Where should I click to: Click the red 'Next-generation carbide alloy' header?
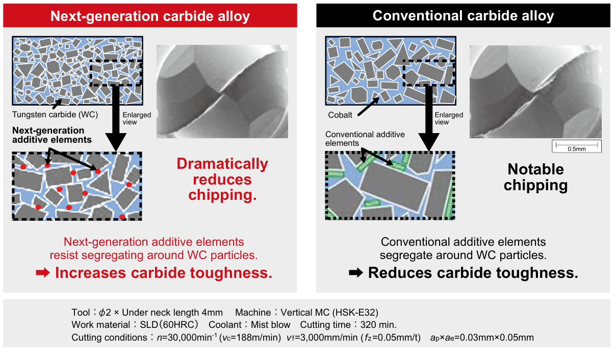[150, 16]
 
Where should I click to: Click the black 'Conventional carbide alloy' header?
[463, 16]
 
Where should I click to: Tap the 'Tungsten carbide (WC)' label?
[55, 114]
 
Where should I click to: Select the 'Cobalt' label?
[340, 115]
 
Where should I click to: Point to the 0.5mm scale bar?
[577, 145]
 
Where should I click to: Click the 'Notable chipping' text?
[536, 177]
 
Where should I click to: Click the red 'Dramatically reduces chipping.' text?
[222, 179]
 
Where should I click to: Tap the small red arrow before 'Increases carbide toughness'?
[43, 273]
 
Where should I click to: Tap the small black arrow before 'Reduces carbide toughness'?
[356, 273]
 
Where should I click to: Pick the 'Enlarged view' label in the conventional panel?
[449, 118]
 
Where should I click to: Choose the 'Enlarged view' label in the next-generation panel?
[137, 118]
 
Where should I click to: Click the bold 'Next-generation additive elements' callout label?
[52, 135]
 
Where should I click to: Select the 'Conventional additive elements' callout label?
[365, 139]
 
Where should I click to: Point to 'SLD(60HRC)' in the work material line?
[169, 325]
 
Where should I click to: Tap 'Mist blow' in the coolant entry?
[271, 325]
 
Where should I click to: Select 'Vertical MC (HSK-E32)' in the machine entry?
[329, 313]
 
